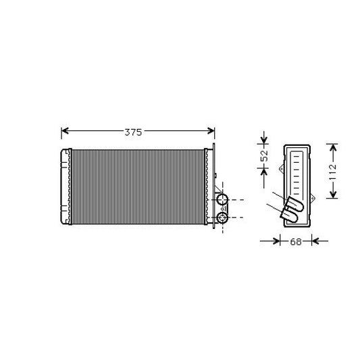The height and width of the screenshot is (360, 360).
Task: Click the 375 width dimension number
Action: [133, 132]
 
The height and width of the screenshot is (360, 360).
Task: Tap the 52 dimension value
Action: [265, 155]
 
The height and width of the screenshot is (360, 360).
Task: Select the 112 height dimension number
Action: [332, 172]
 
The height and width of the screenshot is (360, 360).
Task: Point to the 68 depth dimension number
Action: [296, 242]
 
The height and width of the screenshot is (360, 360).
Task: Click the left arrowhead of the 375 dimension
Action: [65, 131]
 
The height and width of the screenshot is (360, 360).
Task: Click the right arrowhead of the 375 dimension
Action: [211, 131]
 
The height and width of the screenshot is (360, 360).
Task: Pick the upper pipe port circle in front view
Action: [222, 199]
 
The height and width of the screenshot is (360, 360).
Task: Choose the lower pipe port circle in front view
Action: [222, 217]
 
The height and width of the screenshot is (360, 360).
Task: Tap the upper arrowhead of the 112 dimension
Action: [333, 148]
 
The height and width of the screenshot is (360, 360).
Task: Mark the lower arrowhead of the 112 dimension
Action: [333, 195]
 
